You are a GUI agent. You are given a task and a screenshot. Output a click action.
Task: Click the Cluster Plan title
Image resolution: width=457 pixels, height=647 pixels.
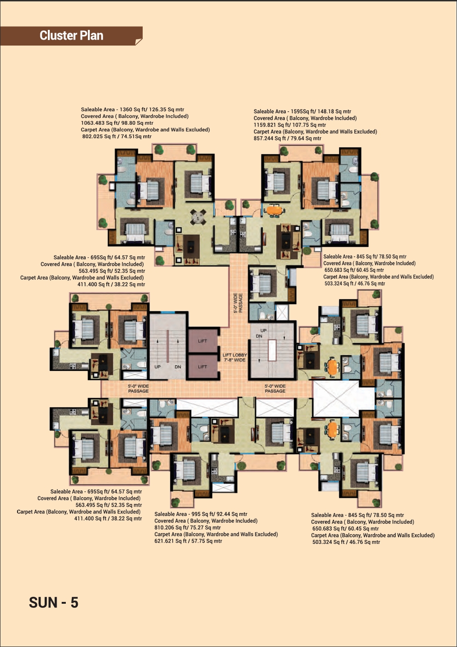(x=71, y=35)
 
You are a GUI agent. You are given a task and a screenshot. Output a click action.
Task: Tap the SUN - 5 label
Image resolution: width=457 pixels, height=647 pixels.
(x=53, y=602)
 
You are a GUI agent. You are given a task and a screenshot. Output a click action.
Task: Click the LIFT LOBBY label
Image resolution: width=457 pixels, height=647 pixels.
(x=235, y=355)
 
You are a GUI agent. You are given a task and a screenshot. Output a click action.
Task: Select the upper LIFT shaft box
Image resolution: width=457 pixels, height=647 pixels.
(x=203, y=341)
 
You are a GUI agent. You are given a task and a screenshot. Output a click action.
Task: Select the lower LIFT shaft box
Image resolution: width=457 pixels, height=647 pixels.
(x=203, y=367)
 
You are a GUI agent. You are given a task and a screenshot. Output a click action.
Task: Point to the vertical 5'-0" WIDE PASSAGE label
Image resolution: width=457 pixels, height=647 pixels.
(x=238, y=303)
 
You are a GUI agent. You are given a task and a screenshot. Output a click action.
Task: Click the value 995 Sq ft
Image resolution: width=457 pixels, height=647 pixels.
(x=203, y=514)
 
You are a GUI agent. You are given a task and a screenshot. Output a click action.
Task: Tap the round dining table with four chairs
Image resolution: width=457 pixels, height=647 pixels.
(x=198, y=217)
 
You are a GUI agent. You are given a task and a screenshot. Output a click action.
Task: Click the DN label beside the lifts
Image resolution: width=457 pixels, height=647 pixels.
(x=178, y=367)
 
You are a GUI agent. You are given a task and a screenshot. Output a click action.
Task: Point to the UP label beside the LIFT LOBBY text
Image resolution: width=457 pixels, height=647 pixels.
(x=263, y=330)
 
